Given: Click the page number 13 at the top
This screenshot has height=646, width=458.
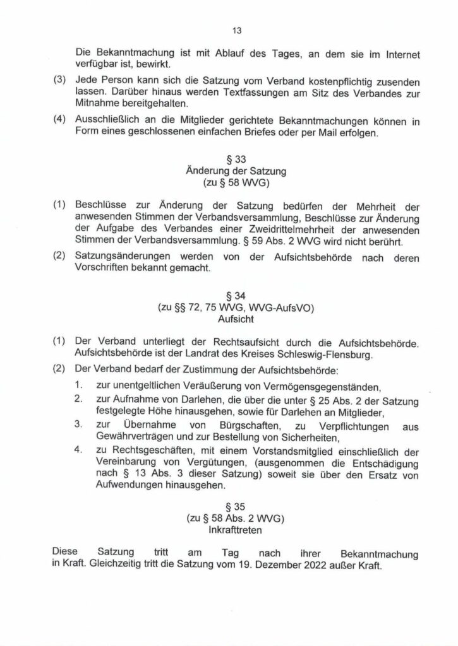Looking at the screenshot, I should (229, 30).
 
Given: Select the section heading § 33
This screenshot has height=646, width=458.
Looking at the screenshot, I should (229, 159).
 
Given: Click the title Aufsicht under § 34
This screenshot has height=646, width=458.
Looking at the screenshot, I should (229, 319).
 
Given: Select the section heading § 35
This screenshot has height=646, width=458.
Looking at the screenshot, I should (229, 506).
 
